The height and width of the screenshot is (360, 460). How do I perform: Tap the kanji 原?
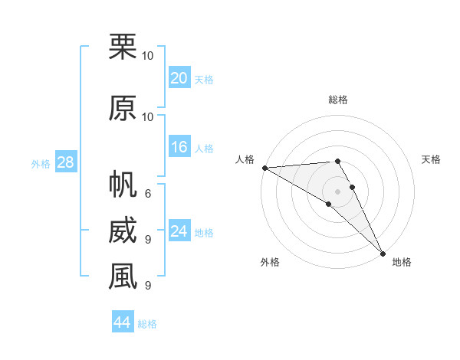pos(123,107)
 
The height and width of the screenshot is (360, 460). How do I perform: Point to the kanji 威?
pos(123,231)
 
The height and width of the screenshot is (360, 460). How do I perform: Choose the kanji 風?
pos(123,277)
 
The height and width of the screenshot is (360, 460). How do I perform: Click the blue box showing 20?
pos(179,78)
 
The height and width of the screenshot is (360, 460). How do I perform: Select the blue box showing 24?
pos(179,231)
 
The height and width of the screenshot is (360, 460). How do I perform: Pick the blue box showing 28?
pos(65,162)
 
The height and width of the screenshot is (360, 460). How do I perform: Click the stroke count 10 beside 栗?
pos(148,56)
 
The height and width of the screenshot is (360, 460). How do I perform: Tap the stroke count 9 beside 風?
pos(148,286)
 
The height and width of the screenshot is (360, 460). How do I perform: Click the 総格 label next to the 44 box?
pos(148,324)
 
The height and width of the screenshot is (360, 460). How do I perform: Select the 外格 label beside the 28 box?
pos(41,163)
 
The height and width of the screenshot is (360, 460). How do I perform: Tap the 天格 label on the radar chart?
pos(431,159)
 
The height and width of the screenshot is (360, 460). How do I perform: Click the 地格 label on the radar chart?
pos(402,262)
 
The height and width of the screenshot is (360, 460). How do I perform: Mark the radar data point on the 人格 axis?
pos(264,168)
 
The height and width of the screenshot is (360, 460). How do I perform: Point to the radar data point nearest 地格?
pos(383,253)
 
